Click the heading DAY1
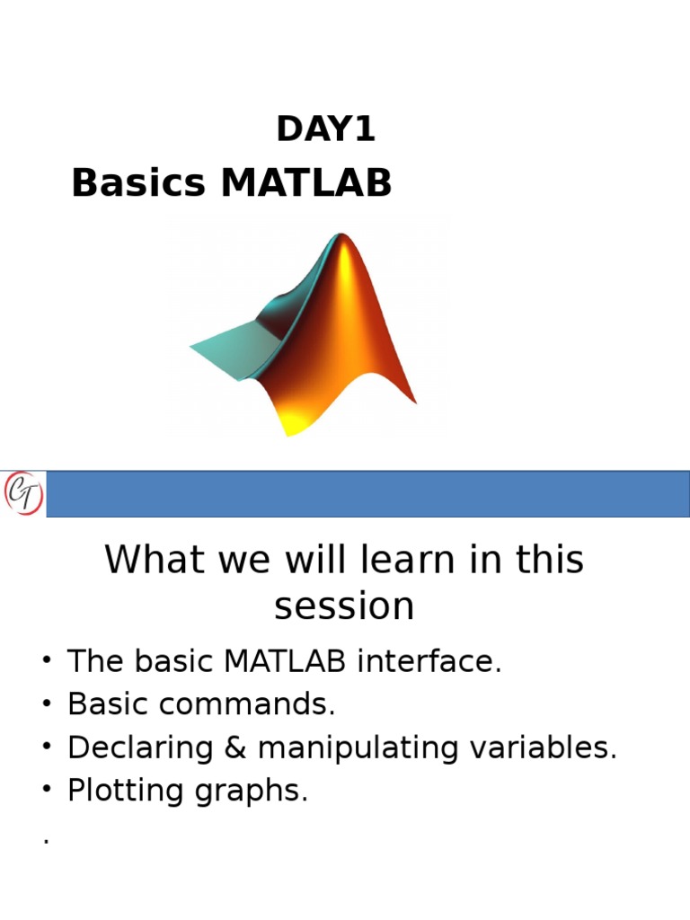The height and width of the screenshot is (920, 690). pos(325,129)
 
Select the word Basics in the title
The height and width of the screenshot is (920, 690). pos(138,181)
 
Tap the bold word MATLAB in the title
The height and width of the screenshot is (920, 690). pos(306,181)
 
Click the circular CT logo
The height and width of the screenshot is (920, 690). pos(23,493)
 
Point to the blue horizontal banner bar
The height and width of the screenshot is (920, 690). pos(367,493)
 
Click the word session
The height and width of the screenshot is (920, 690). pos(344,606)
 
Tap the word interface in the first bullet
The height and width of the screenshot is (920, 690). pos(429,660)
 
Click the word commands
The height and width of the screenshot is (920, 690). pos(247,703)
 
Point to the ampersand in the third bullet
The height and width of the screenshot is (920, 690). pos(235,747)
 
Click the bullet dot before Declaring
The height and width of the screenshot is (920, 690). pos(47,747)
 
